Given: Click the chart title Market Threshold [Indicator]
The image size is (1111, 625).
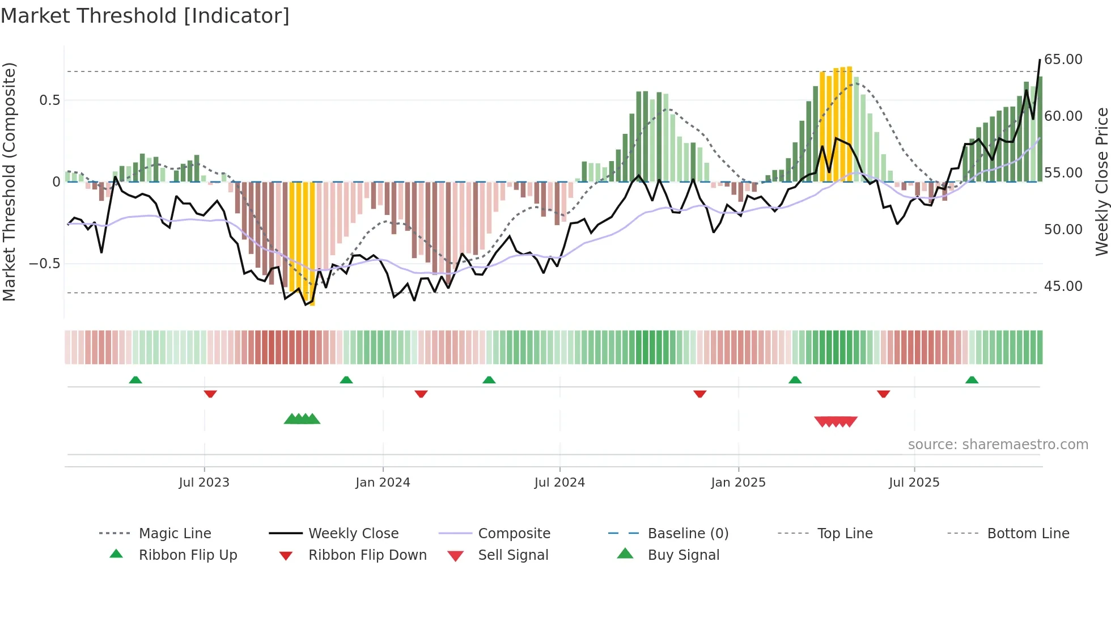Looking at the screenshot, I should click(145, 16).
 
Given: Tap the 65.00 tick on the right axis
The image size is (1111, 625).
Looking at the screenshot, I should click(1063, 60).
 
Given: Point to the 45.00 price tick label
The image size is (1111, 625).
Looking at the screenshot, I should click(1063, 286).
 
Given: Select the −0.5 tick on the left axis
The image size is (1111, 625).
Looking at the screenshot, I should click(44, 264).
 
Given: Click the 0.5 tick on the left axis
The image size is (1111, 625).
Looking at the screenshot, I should click(49, 100).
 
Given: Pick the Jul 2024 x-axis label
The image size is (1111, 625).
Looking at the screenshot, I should click(559, 483).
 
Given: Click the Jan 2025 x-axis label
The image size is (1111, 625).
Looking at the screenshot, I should click(738, 483).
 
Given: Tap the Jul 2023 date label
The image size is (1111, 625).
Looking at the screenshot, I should click(203, 483).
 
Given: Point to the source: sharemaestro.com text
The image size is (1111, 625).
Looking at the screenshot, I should click(998, 445).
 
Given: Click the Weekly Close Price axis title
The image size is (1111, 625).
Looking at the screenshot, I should click(1101, 181).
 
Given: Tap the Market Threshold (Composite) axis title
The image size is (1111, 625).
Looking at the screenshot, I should click(9, 181).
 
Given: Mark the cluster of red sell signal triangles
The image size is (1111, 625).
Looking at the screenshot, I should click(836, 421).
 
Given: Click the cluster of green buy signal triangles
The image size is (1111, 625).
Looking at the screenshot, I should click(302, 419).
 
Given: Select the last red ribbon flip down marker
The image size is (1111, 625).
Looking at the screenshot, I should click(883, 394).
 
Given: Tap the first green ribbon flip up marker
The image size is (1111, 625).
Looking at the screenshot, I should click(135, 380).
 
